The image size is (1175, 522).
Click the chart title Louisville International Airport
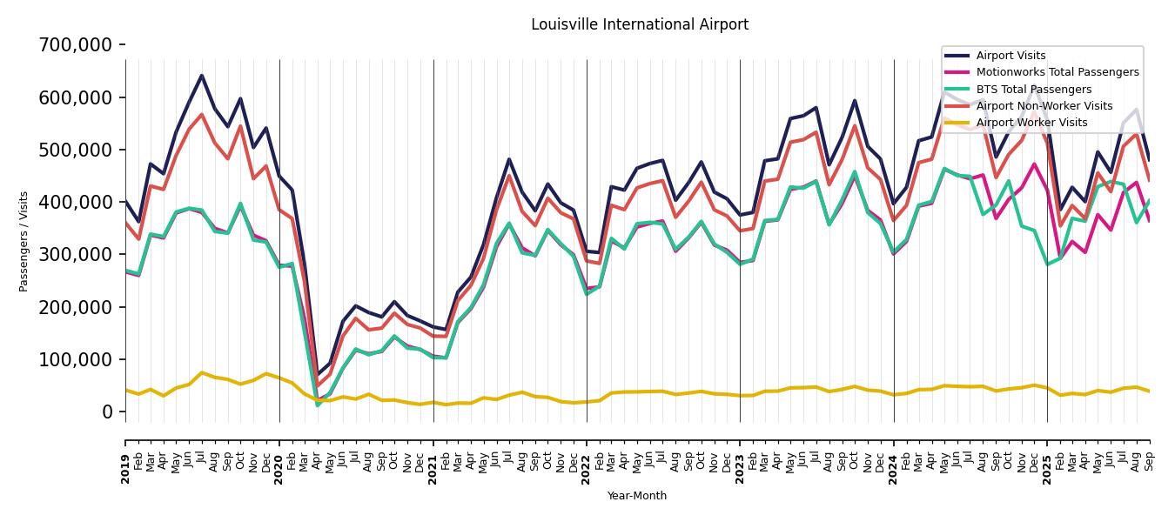tap(640, 25)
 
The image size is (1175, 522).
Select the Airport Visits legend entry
tap(1010, 56)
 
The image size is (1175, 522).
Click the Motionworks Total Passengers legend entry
tap(1057, 72)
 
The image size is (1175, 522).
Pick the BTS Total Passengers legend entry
tap(1033, 90)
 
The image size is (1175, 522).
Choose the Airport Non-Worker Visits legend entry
tap(1044, 106)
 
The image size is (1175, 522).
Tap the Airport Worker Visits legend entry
tap(1031, 123)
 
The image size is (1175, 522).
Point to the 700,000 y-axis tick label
tap(76, 44)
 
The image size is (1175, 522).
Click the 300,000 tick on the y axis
tap(76, 254)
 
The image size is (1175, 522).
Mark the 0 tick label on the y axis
tap(107, 412)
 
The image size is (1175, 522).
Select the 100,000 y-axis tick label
tap(76, 359)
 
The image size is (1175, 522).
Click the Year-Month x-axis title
tap(637, 496)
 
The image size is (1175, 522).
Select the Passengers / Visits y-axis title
tap(24, 241)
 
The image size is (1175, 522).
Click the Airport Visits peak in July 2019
tap(202, 76)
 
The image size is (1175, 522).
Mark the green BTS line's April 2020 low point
tap(318, 405)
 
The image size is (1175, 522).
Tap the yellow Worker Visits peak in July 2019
tap(202, 372)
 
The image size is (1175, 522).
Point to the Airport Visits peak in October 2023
tap(855, 100)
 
